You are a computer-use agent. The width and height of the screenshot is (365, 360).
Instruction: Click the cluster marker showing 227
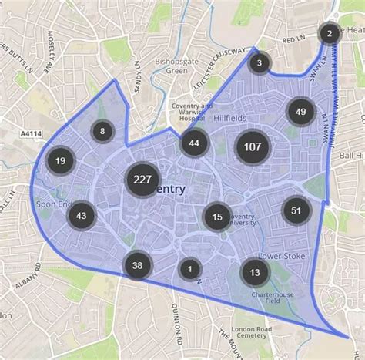tap(142, 180)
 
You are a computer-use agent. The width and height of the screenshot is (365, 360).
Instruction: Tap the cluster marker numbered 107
tap(253, 146)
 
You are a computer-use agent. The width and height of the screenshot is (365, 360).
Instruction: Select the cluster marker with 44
tap(194, 143)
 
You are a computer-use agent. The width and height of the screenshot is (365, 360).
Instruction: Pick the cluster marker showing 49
tap(301, 112)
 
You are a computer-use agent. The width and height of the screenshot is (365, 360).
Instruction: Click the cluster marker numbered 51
tap(296, 210)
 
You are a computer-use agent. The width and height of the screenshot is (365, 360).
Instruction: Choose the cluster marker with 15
tap(218, 217)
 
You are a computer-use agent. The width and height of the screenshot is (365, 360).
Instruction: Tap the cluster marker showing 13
tap(255, 271)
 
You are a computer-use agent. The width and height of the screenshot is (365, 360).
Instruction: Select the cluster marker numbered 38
tap(137, 265)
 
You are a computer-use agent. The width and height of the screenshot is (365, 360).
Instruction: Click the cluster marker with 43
tap(82, 215)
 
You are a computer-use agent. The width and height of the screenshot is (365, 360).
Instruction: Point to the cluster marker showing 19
tap(60, 161)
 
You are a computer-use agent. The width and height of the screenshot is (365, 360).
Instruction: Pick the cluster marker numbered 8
tap(102, 131)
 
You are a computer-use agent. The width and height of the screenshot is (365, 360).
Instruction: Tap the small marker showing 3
tap(260, 63)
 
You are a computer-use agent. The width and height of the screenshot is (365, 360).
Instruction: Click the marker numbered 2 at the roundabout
tap(330, 33)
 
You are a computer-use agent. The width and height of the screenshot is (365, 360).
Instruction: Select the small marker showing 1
tap(189, 269)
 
